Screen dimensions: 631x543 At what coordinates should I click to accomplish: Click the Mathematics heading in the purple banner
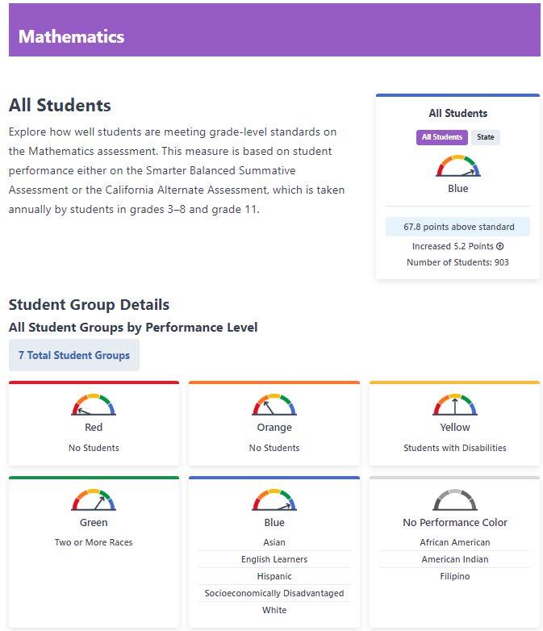click(71, 36)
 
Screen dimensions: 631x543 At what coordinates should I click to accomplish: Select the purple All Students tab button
click(442, 137)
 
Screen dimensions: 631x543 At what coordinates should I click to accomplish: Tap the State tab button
click(485, 137)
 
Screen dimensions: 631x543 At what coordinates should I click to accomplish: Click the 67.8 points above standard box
click(458, 227)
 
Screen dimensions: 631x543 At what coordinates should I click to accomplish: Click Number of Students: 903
click(457, 262)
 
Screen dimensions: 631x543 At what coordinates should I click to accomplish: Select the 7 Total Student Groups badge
click(74, 355)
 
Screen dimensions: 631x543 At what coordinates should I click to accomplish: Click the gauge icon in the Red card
click(94, 405)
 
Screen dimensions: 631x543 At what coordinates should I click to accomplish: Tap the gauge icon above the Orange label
click(274, 405)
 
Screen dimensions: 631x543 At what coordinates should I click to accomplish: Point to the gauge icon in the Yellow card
click(455, 405)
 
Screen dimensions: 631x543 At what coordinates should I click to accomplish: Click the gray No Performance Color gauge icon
click(455, 500)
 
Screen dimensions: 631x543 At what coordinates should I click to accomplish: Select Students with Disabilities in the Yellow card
click(455, 448)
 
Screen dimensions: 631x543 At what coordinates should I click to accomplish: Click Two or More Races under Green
click(94, 542)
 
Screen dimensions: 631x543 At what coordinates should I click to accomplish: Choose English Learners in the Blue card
click(274, 559)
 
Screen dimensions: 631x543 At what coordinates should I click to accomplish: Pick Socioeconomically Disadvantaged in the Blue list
click(274, 593)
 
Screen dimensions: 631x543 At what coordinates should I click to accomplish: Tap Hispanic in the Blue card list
click(274, 576)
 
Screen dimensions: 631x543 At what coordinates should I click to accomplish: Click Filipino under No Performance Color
click(455, 576)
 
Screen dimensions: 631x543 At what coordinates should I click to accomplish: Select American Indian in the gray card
click(455, 559)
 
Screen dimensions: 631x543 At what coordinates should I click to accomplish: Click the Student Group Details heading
click(89, 305)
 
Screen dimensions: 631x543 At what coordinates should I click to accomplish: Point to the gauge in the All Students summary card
click(457, 166)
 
